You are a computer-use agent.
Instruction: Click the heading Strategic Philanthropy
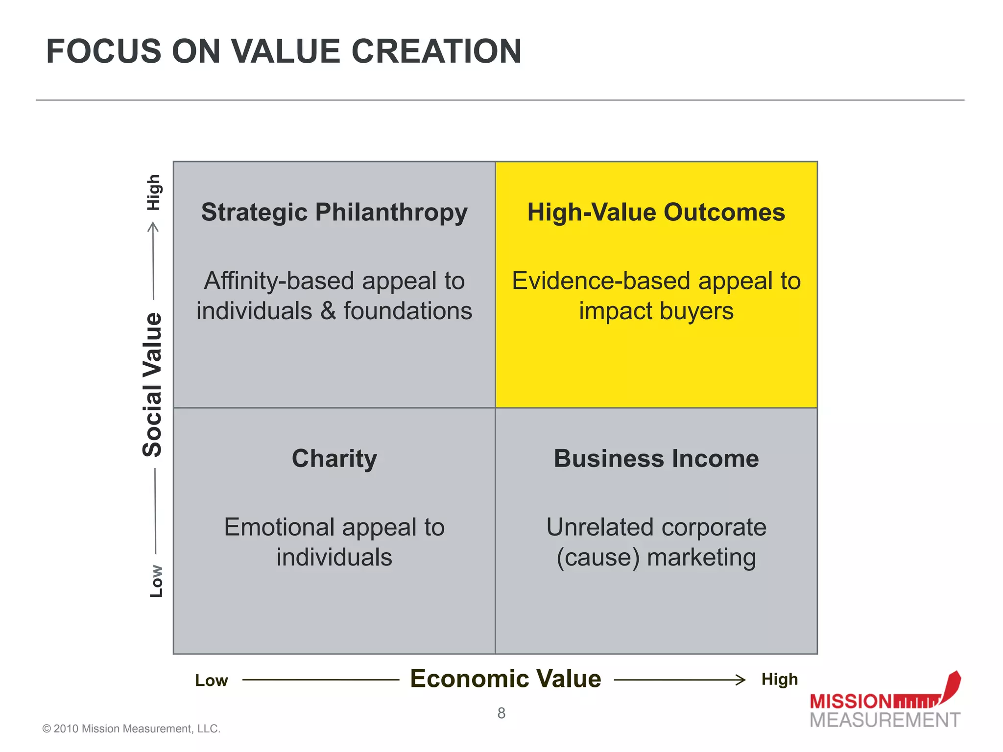pos(334,212)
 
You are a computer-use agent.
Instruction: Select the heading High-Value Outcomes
pos(656,212)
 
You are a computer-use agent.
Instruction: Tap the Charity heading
pos(334,459)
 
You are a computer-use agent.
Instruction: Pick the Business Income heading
pos(656,459)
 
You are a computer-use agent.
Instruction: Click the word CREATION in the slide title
pos(436,51)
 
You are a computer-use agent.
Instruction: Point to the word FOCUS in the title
pos(103,51)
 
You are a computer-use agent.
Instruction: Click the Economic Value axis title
pos(505,679)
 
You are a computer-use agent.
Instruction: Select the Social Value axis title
pos(152,385)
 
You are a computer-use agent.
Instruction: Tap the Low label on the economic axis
pos(212,681)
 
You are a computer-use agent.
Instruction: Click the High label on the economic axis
pos(780,680)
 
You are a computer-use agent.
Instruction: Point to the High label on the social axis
pos(154,192)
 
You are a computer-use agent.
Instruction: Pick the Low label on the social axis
pos(156,581)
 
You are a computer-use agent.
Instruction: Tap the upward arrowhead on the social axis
pos(153,227)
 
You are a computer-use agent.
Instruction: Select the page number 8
pos(501,713)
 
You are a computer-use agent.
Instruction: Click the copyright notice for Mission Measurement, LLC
pos(131,728)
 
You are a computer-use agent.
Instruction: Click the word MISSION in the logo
pos(851,702)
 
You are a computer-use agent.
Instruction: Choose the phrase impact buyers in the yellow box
pos(656,311)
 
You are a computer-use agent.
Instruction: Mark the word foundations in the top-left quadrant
pos(407,311)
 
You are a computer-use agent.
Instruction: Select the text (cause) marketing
pos(656,558)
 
